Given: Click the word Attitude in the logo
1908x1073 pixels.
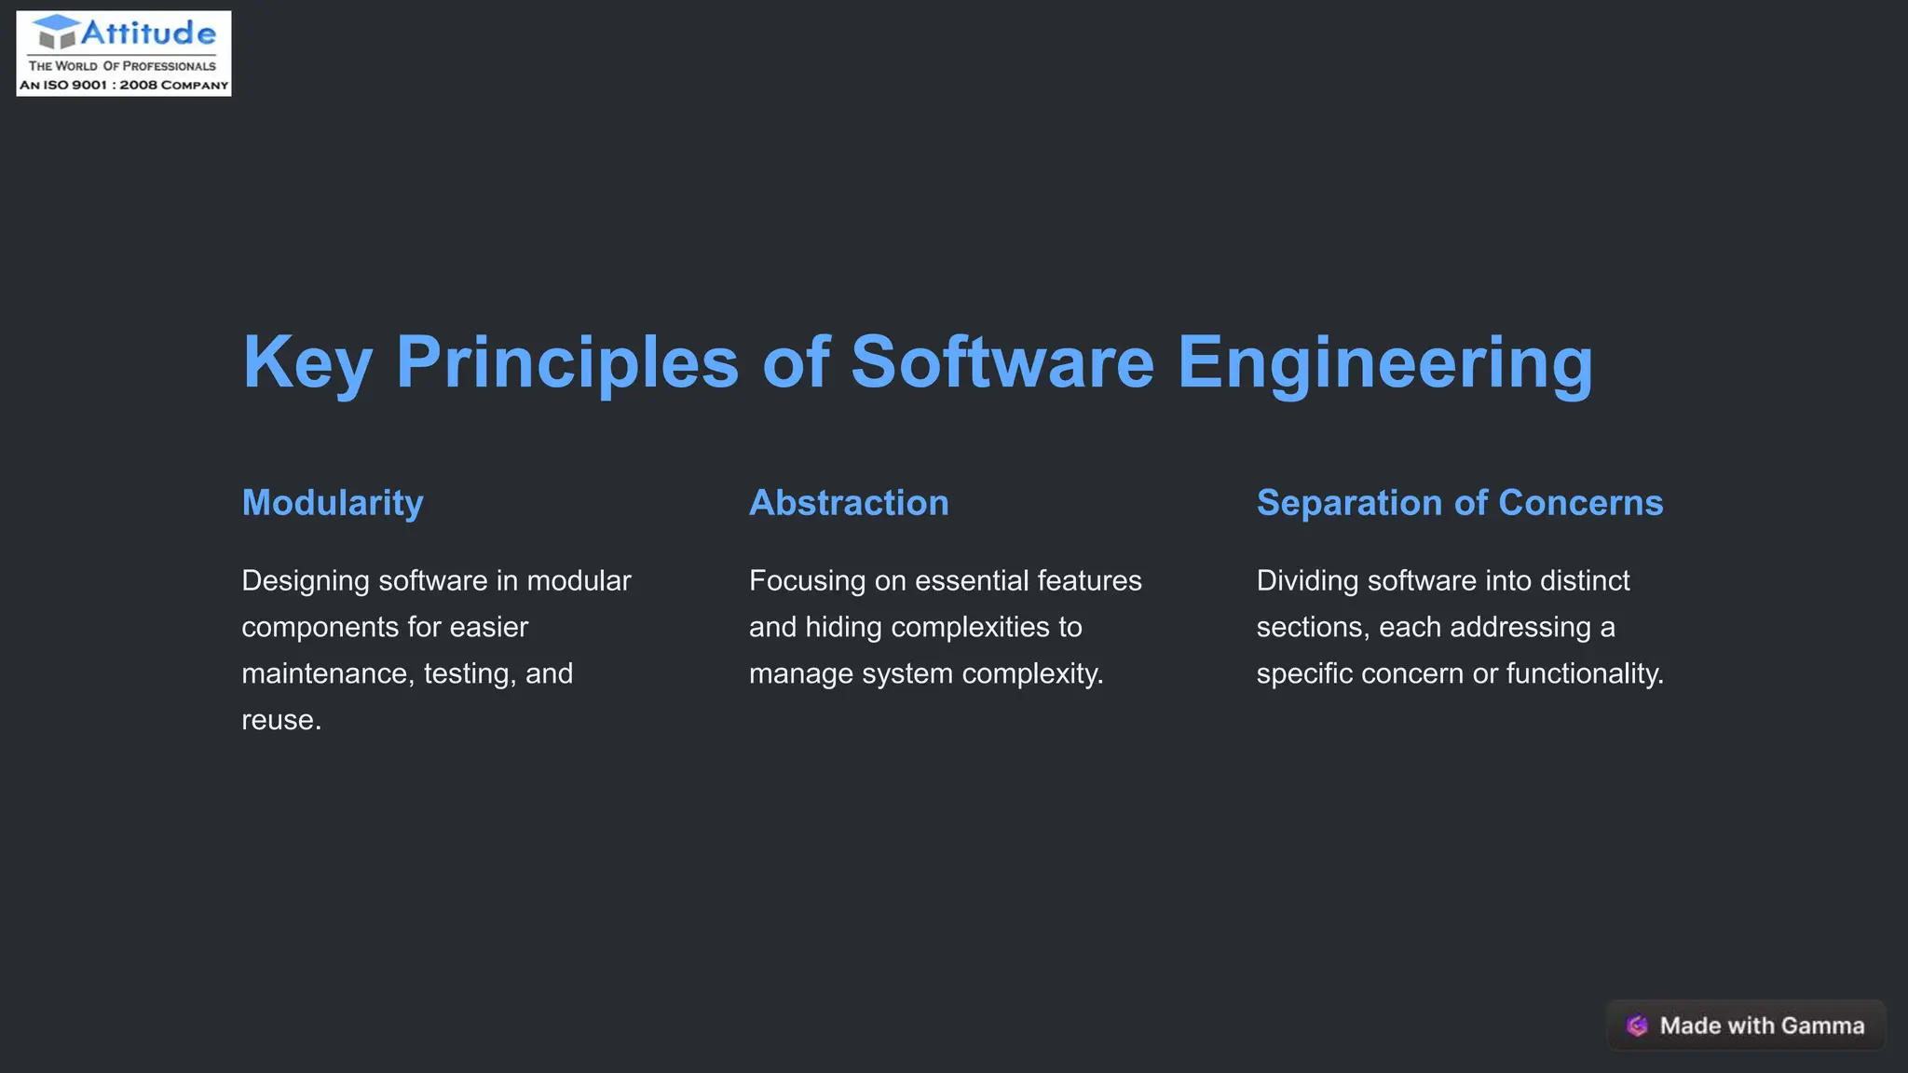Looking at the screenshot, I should (x=148, y=34).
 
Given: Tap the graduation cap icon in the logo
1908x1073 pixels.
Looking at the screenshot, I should (x=57, y=32).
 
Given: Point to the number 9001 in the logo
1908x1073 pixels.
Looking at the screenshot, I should (x=89, y=85).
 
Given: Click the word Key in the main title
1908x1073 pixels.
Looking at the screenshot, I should (x=307, y=362).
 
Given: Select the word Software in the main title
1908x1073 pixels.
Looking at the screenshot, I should (x=1002, y=362).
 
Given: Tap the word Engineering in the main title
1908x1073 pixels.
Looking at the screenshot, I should (x=1385, y=362).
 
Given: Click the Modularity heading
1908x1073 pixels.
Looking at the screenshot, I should (x=333, y=503).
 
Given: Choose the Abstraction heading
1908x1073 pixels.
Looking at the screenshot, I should (x=849, y=503).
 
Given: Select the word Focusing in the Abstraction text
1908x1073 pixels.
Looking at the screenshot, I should (x=808, y=581).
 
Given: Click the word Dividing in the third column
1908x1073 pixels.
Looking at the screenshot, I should (x=1307, y=581).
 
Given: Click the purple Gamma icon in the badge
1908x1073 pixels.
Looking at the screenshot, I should (x=1637, y=1025).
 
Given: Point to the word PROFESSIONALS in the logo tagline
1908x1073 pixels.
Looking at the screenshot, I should (x=170, y=66).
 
